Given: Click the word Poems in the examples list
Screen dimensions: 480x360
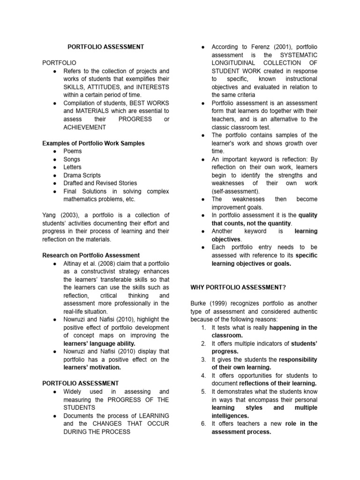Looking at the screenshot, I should pos(72,151).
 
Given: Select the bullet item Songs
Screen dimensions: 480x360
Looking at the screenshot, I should pos(72,159).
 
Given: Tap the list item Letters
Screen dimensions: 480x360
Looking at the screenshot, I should pos(72,167).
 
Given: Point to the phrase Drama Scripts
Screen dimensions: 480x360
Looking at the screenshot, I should pos(82,175).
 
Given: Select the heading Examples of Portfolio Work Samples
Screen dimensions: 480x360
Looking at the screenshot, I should pos(93,143).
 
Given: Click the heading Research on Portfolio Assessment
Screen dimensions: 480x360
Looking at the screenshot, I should pos(91,255).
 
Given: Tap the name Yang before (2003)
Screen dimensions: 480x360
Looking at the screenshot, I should pos(50,215).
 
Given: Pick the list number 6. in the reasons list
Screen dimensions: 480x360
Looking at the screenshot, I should pos(203,423).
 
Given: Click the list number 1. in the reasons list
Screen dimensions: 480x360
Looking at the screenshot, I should pos(203,327).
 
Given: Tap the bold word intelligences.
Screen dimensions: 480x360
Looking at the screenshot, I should pos(230,415).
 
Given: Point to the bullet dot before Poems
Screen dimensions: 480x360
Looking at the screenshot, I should pos(54,151).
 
